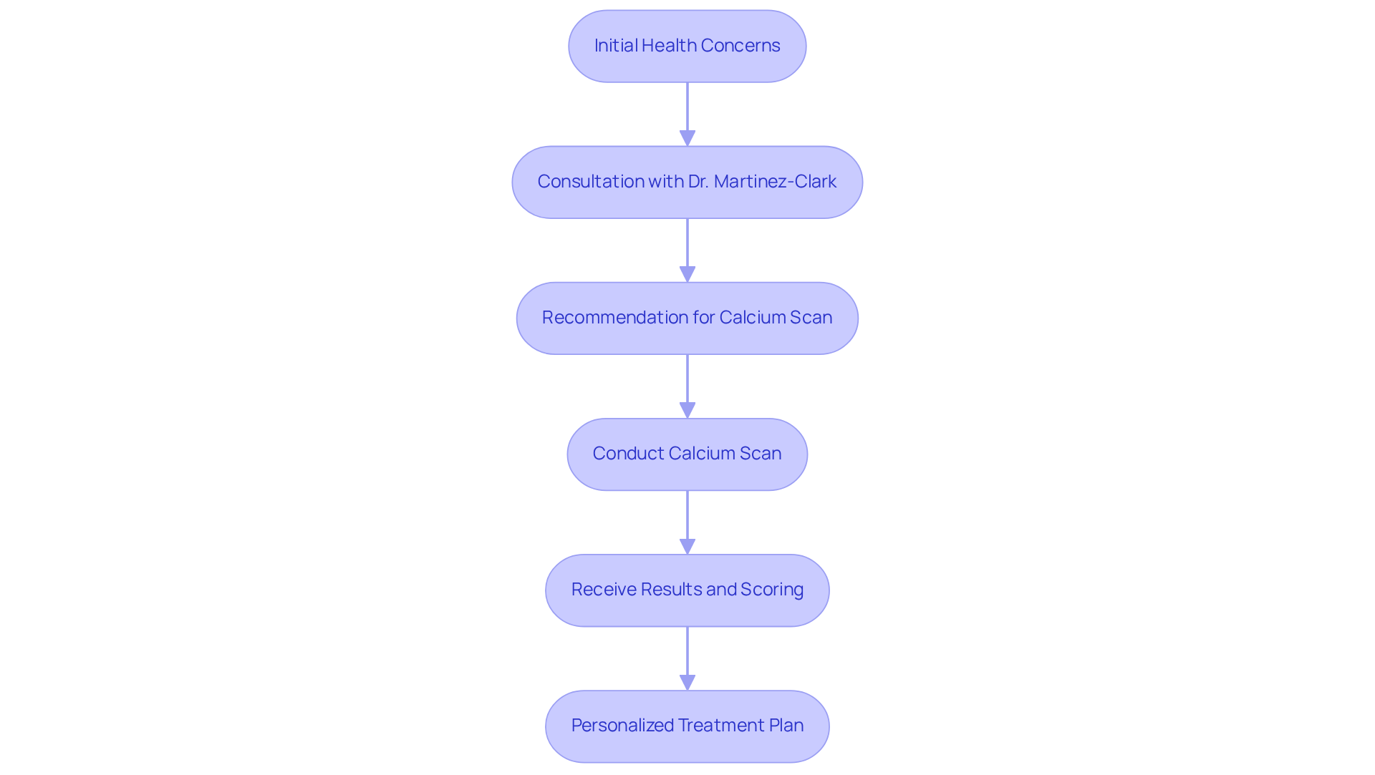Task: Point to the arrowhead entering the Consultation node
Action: pyautogui.click(x=687, y=138)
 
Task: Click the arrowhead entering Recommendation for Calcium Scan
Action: pyautogui.click(x=687, y=274)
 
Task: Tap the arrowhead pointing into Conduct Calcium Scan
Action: pyautogui.click(x=687, y=410)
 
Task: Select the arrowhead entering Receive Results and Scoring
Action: pyautogui.click(x=687, y=546)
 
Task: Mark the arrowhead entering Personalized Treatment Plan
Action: pyautogui.click(x=687, y=682)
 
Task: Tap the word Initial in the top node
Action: pyautogui.click(x=615, y=46)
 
